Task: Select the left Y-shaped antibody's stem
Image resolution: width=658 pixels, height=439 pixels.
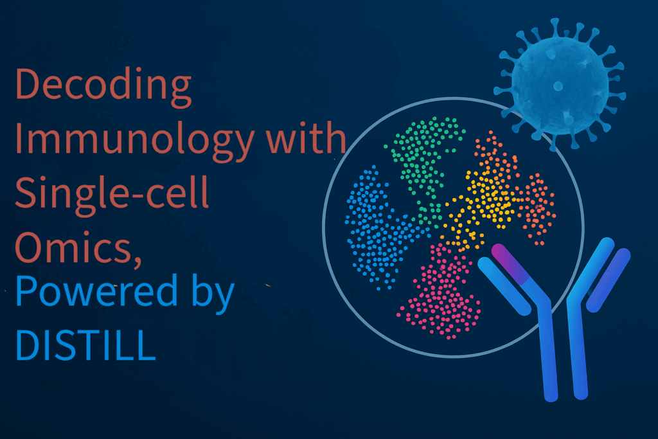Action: (x=549, y=354)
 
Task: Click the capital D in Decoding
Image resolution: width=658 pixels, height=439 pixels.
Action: (x=28, y=84)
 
